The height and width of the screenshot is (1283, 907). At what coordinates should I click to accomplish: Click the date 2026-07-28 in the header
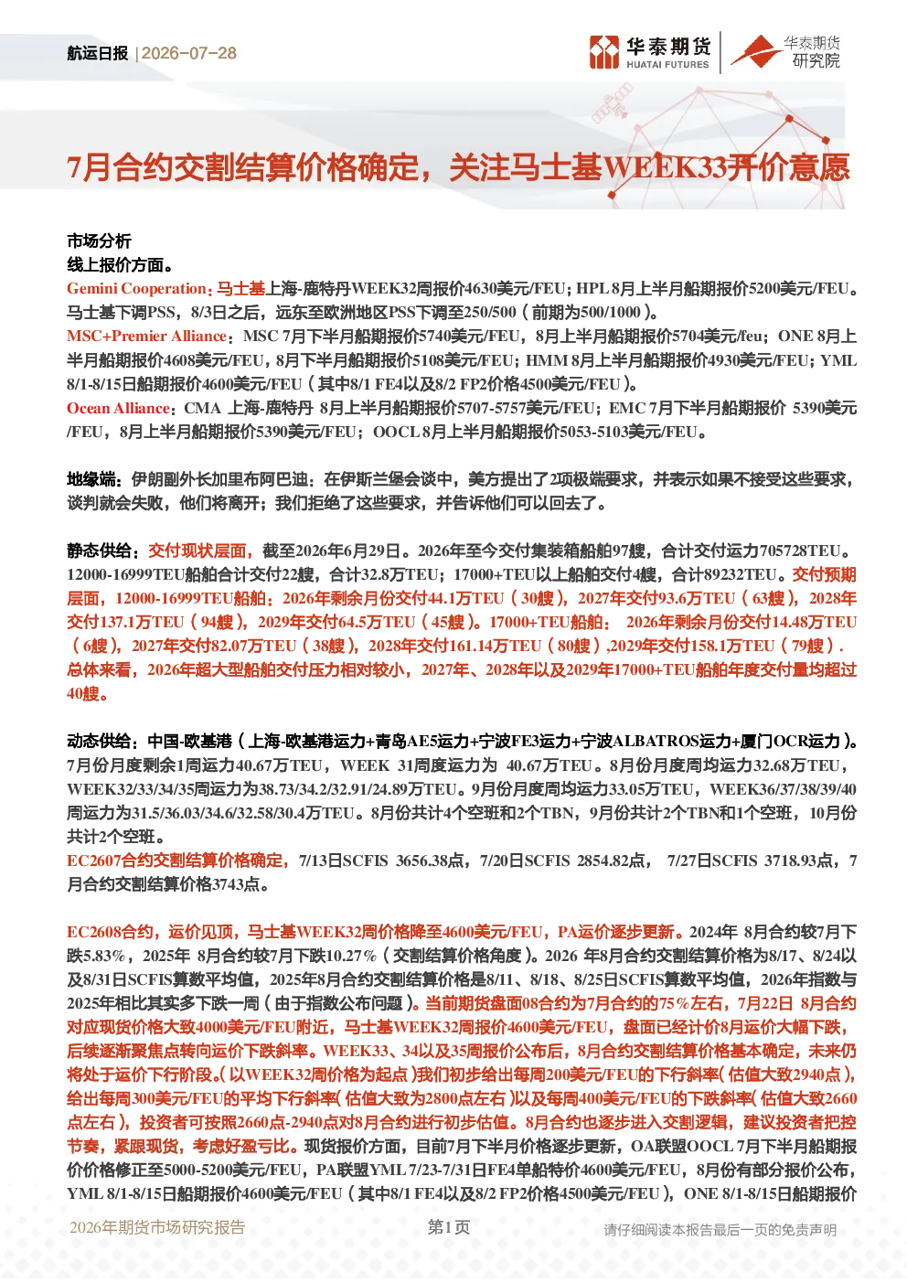point(189,53)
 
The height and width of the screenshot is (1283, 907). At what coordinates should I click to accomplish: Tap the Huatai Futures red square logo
point(604,52)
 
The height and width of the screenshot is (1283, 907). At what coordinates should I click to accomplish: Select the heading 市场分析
point(99,241)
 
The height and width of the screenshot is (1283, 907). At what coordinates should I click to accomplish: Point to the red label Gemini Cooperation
point(136,288)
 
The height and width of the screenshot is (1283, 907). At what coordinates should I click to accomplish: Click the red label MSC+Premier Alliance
point(146,336)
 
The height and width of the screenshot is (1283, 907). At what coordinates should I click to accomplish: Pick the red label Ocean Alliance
point(118,408)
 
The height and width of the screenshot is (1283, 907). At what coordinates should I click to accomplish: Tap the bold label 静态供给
point(99,551)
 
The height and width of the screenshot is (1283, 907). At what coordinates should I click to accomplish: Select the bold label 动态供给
point(99,741)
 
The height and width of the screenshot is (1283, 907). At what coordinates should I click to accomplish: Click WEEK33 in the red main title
point(665,168)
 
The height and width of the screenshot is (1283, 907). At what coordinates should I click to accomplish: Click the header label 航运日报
point(97,53)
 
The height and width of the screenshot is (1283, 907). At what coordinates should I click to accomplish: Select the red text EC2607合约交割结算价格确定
point(176,861)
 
